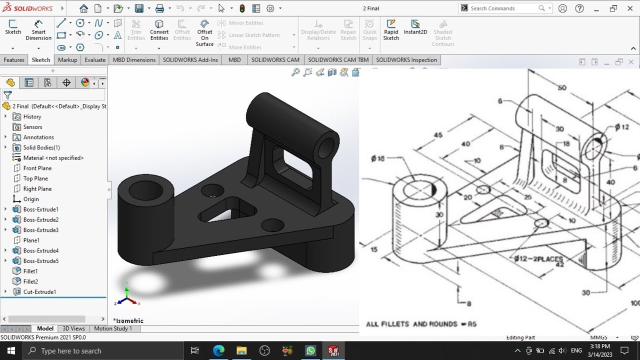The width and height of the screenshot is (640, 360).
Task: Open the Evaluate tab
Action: coord(95,60)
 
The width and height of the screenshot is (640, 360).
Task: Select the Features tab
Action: coord(14,60)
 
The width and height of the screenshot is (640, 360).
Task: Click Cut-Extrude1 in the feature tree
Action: coord(39,292)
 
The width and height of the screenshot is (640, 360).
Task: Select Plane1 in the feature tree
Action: coord(31,240)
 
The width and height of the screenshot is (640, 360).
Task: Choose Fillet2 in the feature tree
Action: coord(30,281)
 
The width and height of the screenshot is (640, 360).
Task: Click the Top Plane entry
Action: coord(35,178)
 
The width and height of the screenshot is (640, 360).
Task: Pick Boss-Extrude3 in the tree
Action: coord(40,230)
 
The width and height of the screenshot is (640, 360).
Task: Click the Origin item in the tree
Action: coord(30,199)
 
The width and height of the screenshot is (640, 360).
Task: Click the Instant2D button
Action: coord(415,27)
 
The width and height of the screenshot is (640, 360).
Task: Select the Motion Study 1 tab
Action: coord(113,328)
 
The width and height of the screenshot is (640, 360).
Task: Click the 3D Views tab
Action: coord(73,328)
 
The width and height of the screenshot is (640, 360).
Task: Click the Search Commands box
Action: coord(502,8)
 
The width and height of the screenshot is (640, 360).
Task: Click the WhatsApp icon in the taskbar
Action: coord(310,351)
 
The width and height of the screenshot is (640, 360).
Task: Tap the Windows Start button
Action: coord(11,351)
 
